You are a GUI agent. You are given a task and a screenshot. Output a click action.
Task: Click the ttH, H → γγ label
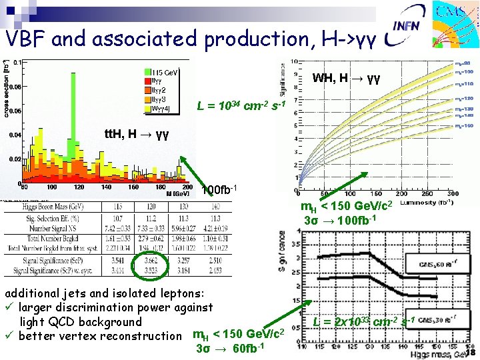coord(137,134)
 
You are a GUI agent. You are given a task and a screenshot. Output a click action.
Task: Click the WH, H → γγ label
coord(346,78)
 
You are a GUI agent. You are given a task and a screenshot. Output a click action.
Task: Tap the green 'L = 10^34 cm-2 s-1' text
coord(241,105)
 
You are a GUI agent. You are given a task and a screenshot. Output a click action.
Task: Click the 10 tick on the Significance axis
coord(294,62)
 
